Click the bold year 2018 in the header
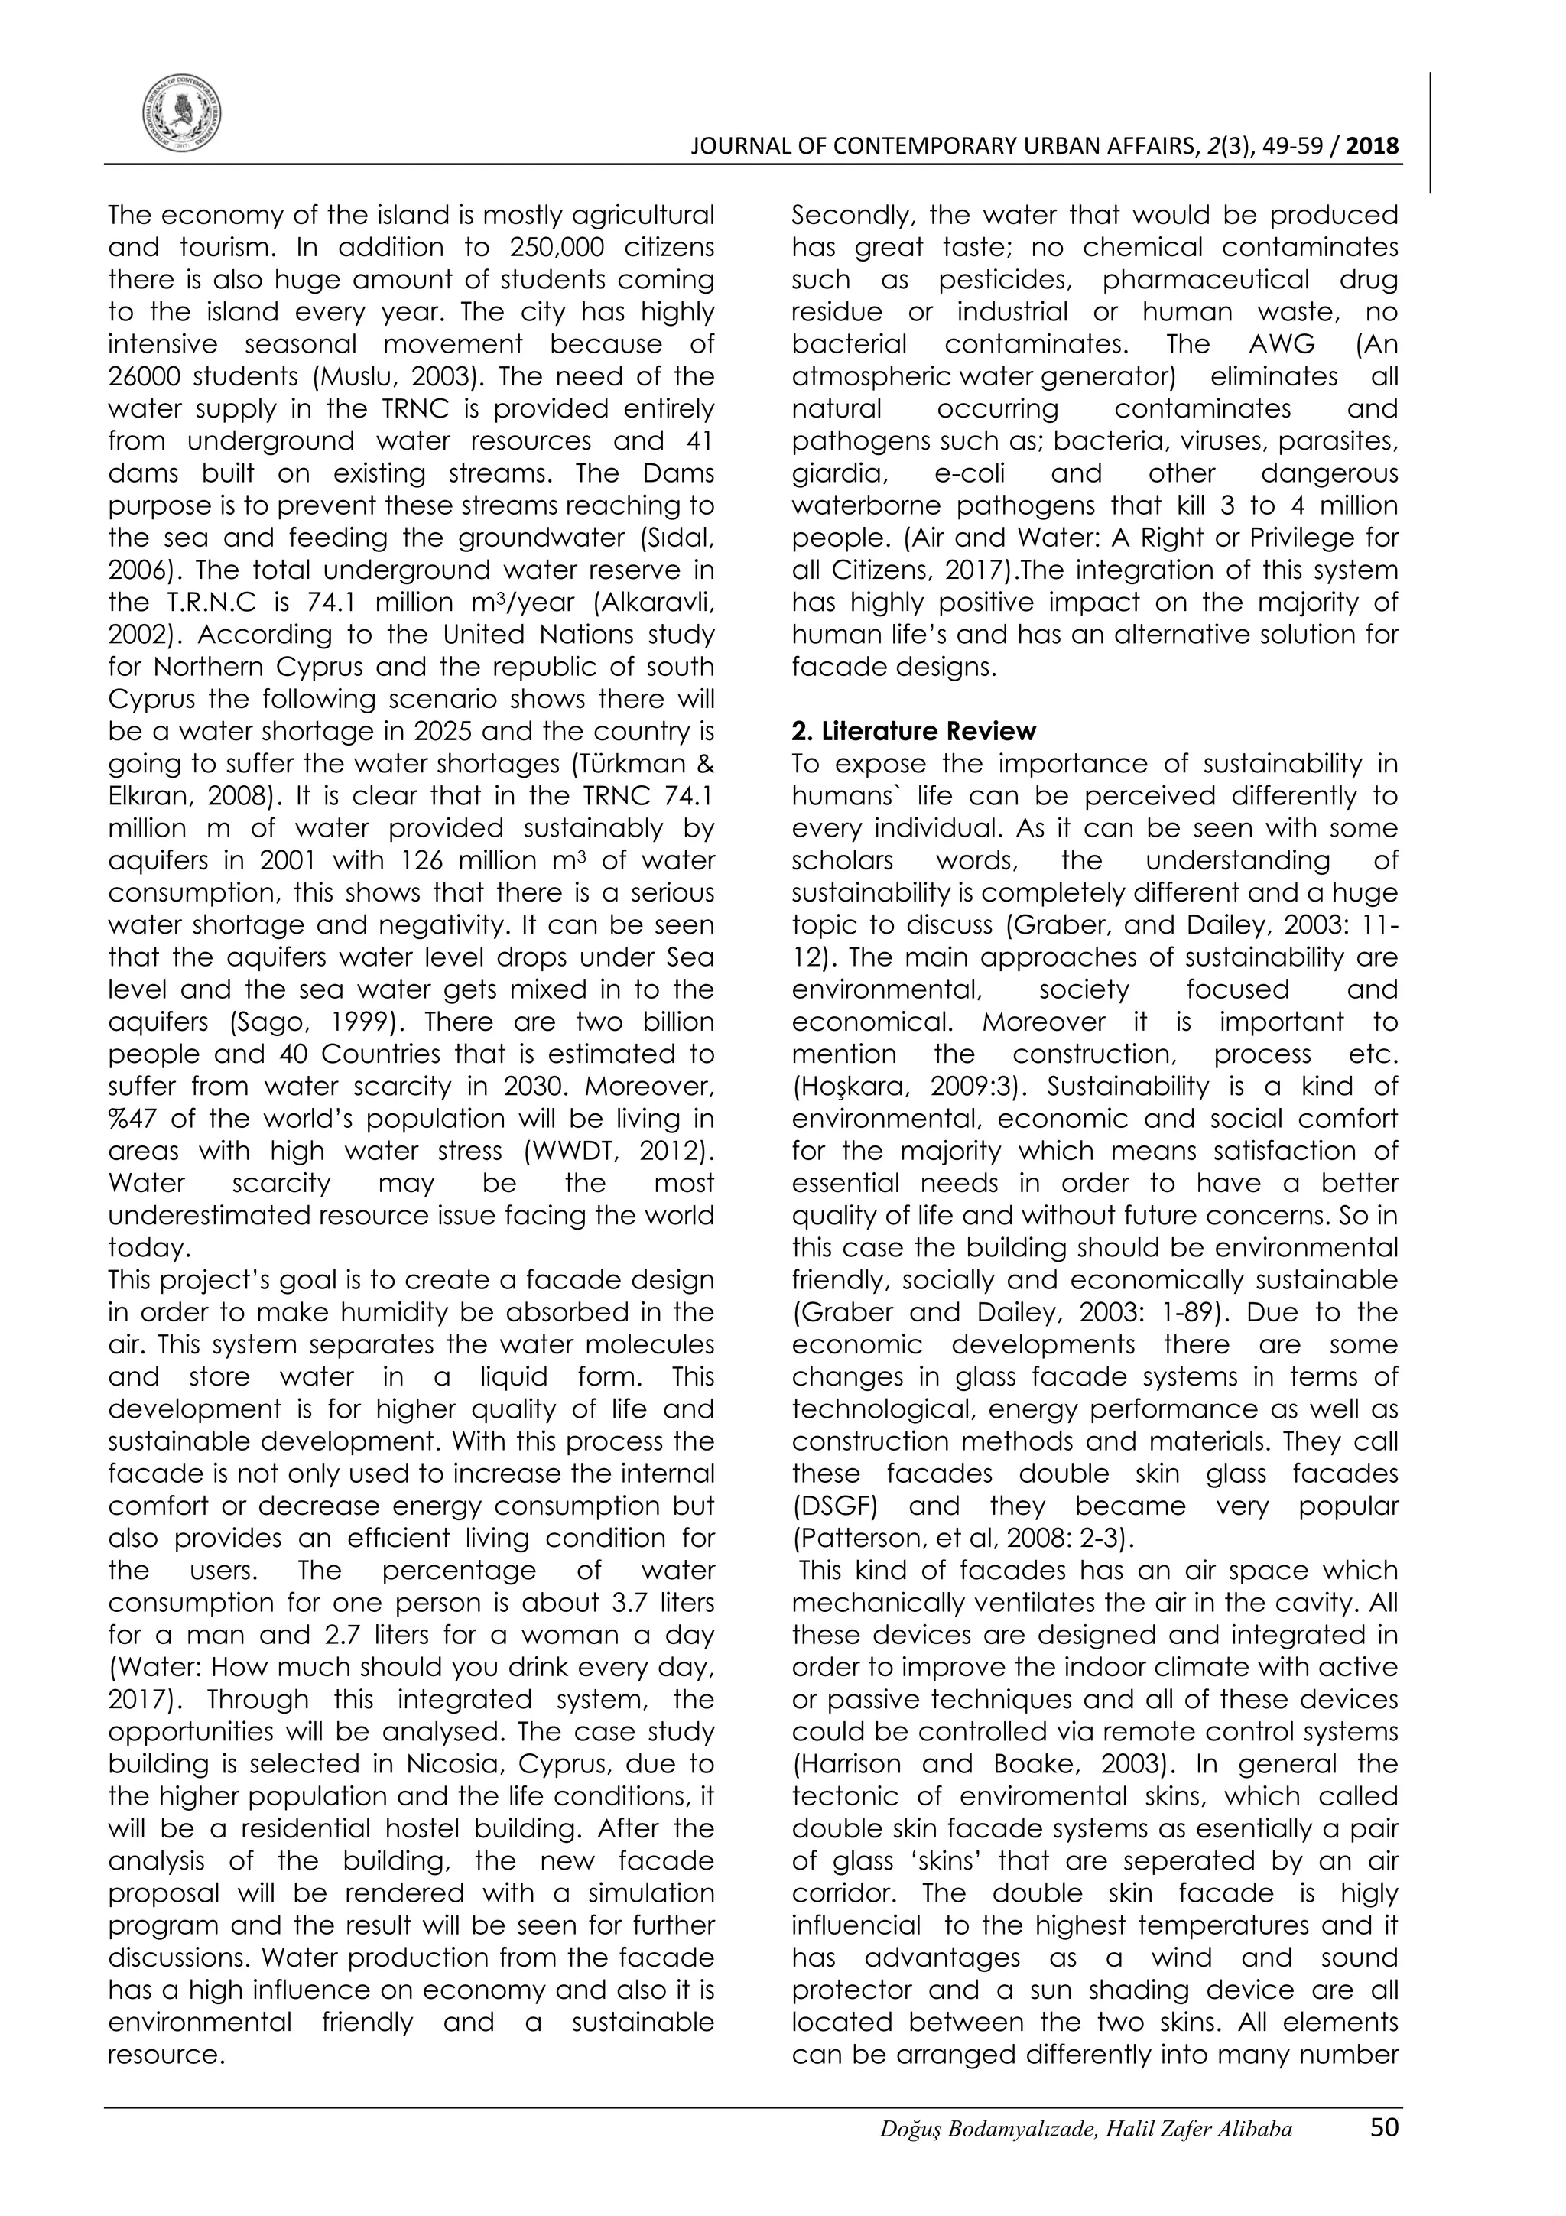(1372, 147)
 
